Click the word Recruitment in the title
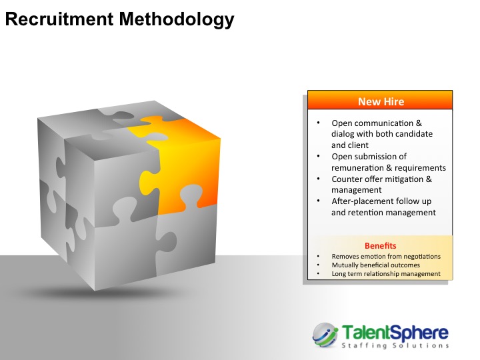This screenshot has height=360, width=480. (59, 19)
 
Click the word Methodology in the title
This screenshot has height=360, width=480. (177, 19)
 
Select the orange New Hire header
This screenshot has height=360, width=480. (380, 100)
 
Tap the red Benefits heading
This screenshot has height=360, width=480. (380, 246)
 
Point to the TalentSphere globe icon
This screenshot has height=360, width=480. (325, 335)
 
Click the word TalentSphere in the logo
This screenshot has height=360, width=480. (395, 333)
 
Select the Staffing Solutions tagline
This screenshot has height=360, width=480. (395, 345)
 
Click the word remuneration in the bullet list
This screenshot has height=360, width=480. (357, 168)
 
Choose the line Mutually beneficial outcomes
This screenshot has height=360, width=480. (376, 265)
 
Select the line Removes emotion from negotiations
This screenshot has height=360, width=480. (386, 257)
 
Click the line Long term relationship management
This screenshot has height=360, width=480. (386, 274)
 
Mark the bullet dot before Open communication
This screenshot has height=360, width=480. (319, 123)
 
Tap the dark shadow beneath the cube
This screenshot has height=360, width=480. (101, 293)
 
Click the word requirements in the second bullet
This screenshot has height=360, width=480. (420, 168)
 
